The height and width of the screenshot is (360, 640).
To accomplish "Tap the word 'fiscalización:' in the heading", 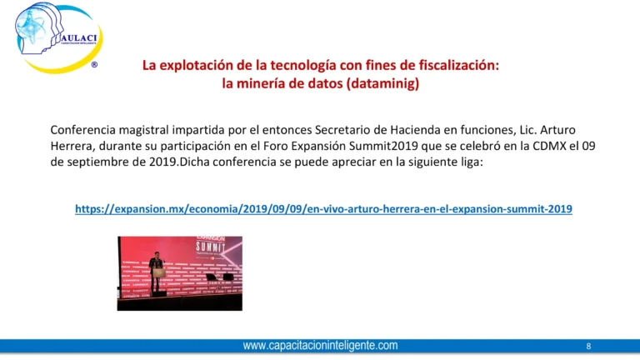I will pos(457,65).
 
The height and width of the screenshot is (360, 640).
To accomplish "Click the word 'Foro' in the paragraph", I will pos(303,146).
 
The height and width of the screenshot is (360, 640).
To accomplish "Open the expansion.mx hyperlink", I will pos(323,209).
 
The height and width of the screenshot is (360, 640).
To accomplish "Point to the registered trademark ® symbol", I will pos(93,65).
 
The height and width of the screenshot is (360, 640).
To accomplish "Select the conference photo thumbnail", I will pos(179,272).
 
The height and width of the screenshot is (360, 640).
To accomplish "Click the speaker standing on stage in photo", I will pos(156,268).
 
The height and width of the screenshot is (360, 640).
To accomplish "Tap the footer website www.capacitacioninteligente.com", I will pos(320,345).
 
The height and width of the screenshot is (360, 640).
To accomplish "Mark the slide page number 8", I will pos(588,346).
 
